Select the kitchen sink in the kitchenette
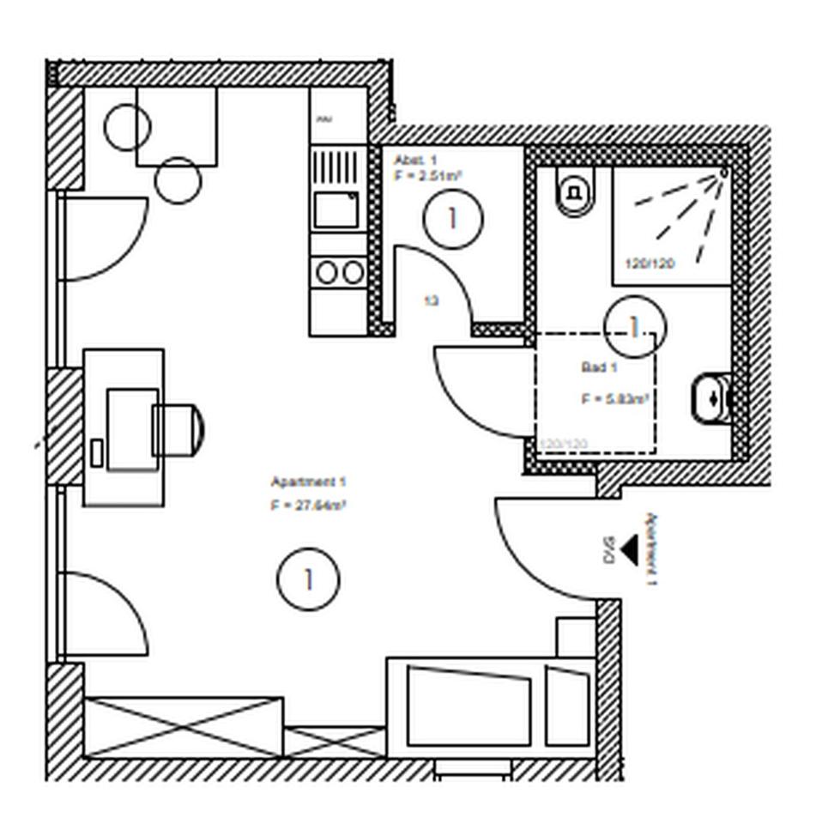(x=335, y=209)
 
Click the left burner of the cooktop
(x=326, y=272)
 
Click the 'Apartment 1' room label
(x=308, y=482)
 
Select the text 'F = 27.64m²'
(x=308, y=506)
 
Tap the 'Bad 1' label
(x=600, y=367)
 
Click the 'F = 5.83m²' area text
(x=614, y=399)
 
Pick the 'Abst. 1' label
(x=415, y=161)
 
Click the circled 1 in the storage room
(x=453, y=219)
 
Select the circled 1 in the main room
(x=308, y=579)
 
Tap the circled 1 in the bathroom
(x=634, y=326)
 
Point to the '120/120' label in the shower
(x=649, y=264)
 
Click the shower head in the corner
(x=722, y=173)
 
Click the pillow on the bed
(x=567, y=706)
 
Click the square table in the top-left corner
(x=176, y=125)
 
